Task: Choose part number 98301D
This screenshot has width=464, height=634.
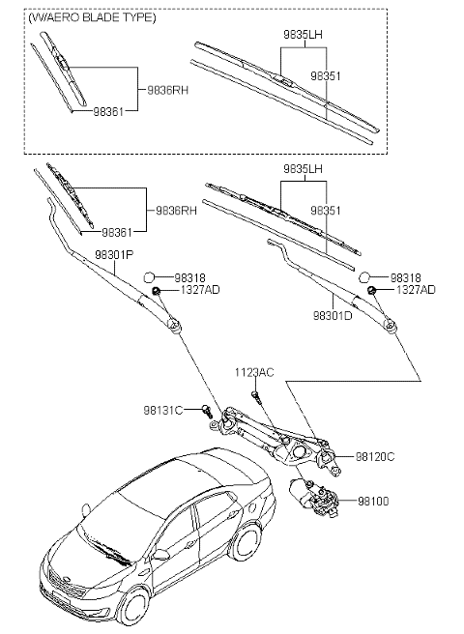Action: click(x=331, y=314)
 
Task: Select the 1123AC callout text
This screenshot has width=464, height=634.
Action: click(x=253, y=372)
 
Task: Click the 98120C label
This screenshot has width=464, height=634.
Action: click(x=376, y=455)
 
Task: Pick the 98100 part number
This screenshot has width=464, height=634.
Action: click(x=372, y=501)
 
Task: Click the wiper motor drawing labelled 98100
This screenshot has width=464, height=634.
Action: click(x=314, y=498)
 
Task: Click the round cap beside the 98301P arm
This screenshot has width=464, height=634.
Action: click(x=151, y=276)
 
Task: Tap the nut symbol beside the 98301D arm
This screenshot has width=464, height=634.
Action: click(x=372, y=289)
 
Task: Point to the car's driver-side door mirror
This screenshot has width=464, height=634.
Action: click(x=161, y=555)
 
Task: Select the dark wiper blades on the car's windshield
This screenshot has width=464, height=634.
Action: click(x=107, y=556)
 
